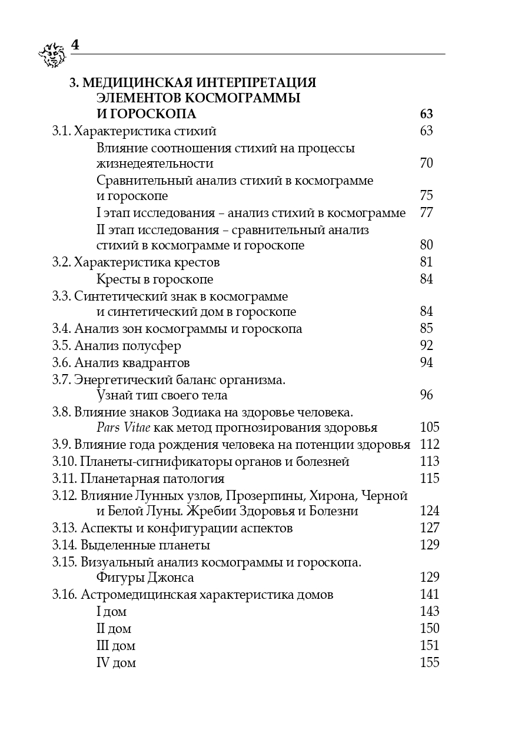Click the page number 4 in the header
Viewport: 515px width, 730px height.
point(75,45)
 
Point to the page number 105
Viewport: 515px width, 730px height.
point(430,428)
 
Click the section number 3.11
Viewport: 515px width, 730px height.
point(64,479)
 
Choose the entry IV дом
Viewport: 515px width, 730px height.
point(116,663)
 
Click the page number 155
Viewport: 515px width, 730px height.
point(430,663)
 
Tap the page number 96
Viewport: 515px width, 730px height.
point(427,395)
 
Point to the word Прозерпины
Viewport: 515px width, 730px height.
point(264,496)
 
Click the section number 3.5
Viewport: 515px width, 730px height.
point(61,346)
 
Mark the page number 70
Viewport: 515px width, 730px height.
point(427,164)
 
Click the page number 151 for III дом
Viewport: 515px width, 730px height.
point(430,646)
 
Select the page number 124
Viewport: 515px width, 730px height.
point(430,512)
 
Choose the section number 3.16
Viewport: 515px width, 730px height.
point(64,595)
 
